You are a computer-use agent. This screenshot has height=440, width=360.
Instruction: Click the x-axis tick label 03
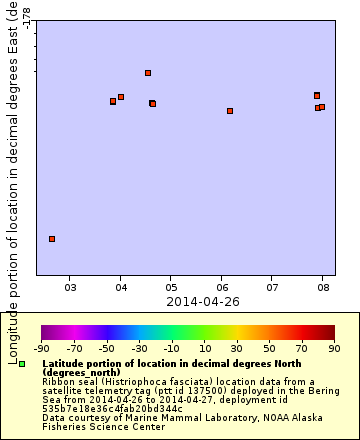tap(70, 288)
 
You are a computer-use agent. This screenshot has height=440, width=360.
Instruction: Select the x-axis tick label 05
tap(171, 288)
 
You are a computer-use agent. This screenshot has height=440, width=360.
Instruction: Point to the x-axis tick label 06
tap(222, 288)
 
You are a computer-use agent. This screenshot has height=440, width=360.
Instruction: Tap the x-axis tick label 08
tap(323, 288)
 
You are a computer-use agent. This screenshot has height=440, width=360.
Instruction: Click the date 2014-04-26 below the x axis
tap(203, 301)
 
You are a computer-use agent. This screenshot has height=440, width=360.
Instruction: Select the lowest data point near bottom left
tap(52, 239)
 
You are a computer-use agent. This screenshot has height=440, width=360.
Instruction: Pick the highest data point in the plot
tap(148, 73)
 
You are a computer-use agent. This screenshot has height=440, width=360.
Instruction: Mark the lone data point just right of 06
tap(230, 111)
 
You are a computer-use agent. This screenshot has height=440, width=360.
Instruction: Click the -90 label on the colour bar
tap(42, 348)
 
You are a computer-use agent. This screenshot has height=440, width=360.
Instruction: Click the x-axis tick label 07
tap(272, 288)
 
